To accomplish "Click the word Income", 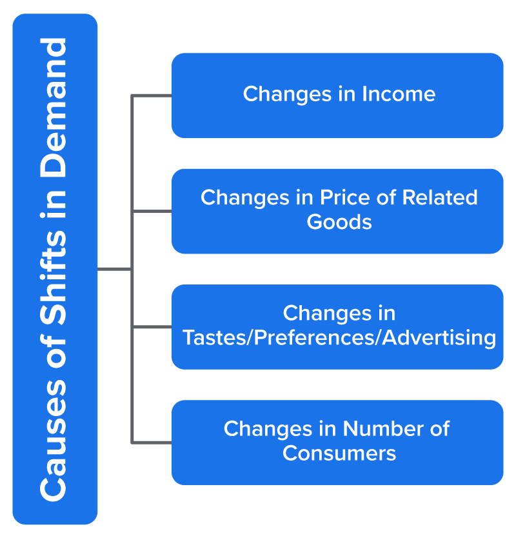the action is (x=399, y=94).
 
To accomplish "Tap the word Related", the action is (x=439, y=197).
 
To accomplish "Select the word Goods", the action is (x=339, y=222).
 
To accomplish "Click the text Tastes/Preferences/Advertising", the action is (x=339, y=338).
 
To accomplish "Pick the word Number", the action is (x=383, y=428).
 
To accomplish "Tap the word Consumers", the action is (x=339, y=453).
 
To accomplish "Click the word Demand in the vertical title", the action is (x=53, y=107).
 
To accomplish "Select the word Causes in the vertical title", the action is (x=53, y=440).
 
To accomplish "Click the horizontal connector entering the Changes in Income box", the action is (x=152, y=95).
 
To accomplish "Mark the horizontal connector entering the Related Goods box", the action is (x=152, y=212).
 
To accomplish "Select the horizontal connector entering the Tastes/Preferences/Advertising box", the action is (x=152, y=327).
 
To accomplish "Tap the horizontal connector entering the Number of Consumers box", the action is (x=152, y=443).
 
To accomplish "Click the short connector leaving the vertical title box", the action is (x=114, y=270).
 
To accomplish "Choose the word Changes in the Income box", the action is (x=287, y=95).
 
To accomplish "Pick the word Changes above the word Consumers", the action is (x=268, y=430).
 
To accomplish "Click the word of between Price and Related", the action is (x=386, y=197).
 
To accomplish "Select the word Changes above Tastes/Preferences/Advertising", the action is (x=327, y=314).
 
